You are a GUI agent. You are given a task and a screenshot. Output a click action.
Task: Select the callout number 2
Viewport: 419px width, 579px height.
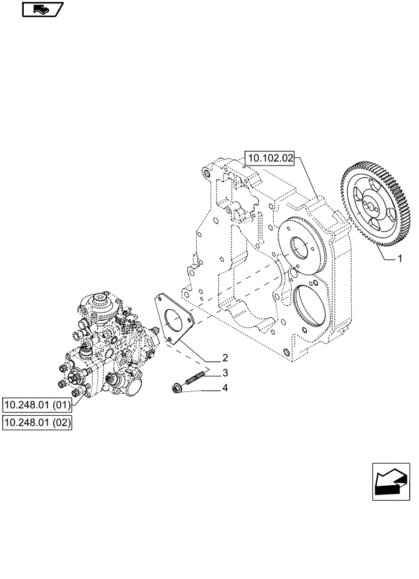(x=225, y=358)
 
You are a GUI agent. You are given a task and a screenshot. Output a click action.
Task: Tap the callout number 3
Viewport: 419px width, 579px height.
(x=225, y=373)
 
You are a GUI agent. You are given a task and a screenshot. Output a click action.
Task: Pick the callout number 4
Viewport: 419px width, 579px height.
(x=225, y=388)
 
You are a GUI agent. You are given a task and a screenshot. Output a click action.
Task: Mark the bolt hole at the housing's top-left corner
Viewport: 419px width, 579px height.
(x=205, y=173)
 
